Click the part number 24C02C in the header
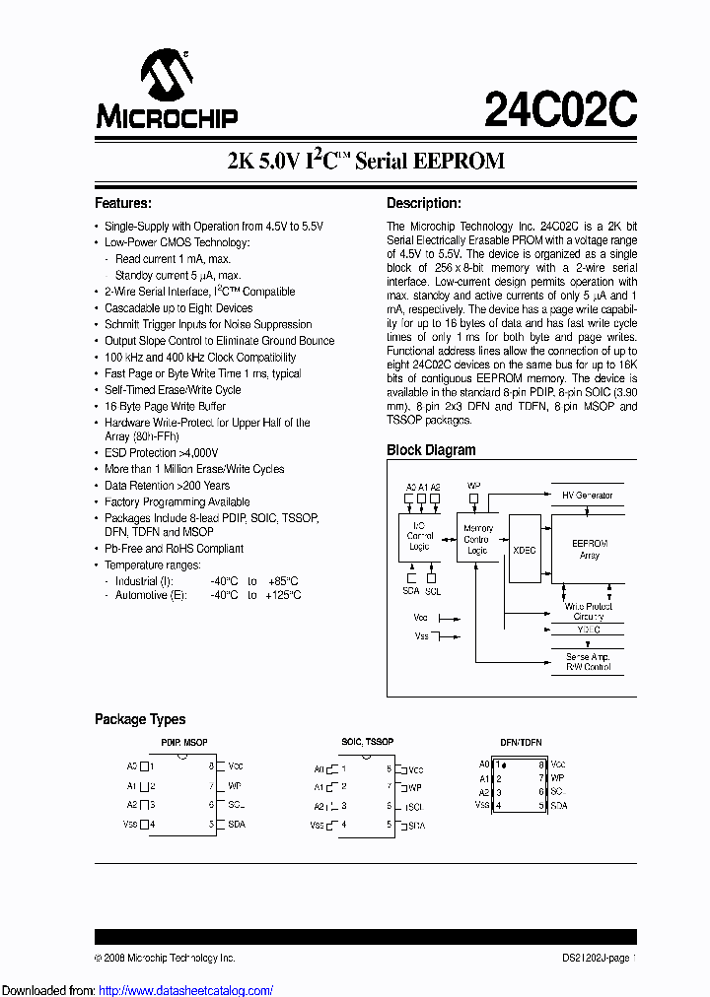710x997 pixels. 560,107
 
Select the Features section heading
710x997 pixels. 122,204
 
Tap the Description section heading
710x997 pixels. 423,204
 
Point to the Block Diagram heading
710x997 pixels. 431,450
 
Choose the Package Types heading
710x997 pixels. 140,719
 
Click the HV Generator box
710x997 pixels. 587,496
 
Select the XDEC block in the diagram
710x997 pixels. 525,550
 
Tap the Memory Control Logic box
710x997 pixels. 478,539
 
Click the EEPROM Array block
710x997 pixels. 590,549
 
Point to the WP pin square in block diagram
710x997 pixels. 474,498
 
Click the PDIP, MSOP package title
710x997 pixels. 183,742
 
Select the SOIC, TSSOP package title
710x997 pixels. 367,742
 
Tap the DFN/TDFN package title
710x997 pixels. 521,742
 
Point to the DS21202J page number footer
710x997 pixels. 592,958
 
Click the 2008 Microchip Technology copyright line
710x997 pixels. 165,958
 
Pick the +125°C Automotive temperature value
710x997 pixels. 282,595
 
